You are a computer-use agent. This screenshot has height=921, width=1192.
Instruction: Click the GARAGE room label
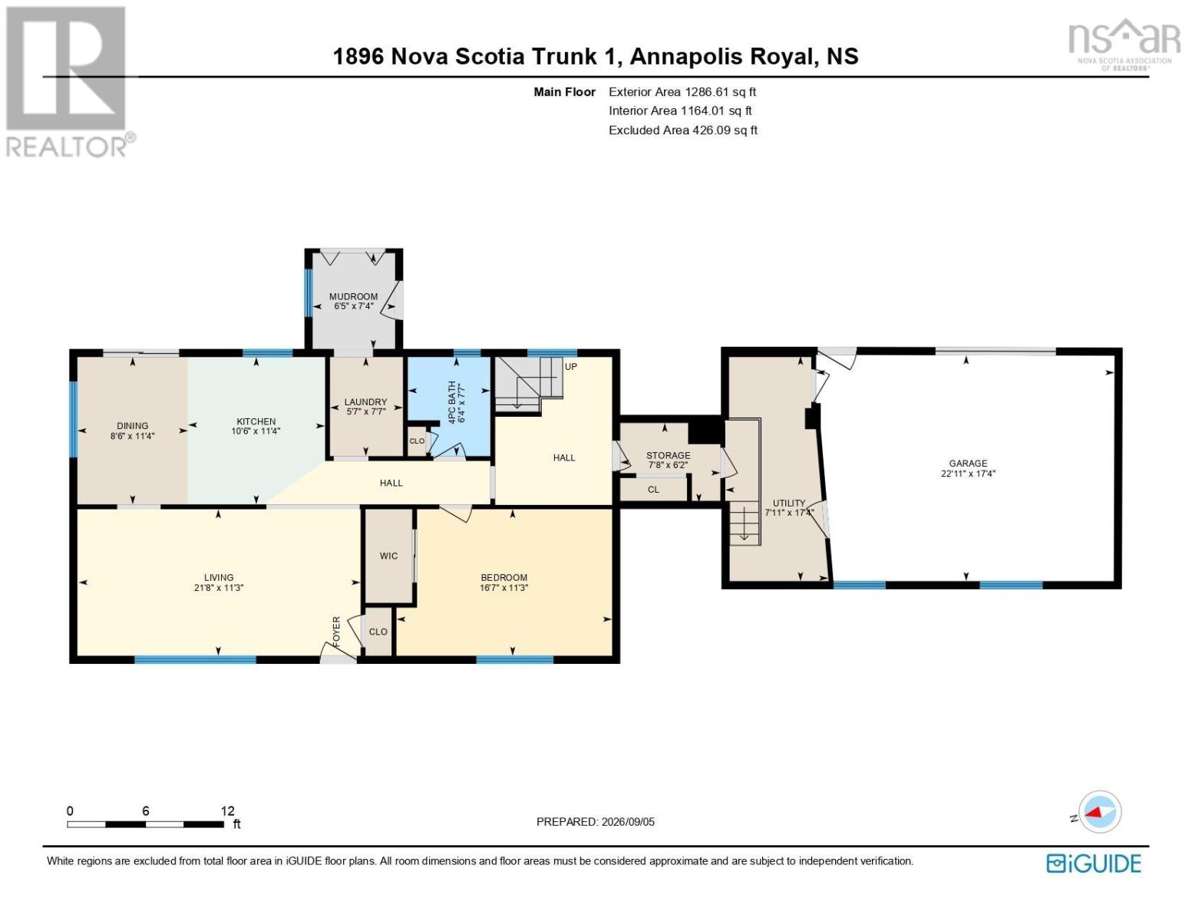pos(968,463)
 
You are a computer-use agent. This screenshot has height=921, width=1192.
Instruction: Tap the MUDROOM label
pos(353,296)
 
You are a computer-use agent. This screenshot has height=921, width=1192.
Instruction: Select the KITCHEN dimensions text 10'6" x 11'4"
pos(256,431)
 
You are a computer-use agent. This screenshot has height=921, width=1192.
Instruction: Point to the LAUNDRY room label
pos(365,402)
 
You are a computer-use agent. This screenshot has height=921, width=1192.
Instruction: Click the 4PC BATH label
pos(452,402)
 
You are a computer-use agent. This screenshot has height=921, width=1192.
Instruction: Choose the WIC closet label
pos(388,556)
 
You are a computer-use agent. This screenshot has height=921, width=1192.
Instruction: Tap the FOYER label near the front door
pos(337,631)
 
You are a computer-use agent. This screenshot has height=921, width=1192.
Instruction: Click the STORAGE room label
pos(668,455)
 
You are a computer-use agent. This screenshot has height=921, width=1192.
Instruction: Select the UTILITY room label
pos(789,503)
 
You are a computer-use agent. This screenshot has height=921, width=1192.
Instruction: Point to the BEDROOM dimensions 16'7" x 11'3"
pos(504,587)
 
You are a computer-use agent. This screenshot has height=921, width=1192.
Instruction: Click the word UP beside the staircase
pos(571,366)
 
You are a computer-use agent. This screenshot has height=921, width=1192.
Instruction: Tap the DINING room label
pos(132,426)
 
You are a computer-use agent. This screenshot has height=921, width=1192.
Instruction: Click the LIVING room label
pos(219,578)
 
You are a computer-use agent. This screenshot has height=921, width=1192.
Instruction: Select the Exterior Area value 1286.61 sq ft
pos(720,92)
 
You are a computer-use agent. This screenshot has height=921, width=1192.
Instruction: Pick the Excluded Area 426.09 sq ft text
pos(683,130)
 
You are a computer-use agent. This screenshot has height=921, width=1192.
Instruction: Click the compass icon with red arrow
pos(1099,812)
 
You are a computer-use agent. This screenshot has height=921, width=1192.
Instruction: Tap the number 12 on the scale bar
pos(228,810)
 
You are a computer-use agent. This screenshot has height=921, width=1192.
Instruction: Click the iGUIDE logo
pos(1094,864)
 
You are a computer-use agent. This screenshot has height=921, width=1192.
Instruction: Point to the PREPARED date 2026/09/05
pos(628,822)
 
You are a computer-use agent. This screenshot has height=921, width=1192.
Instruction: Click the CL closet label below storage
pos(653,490)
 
